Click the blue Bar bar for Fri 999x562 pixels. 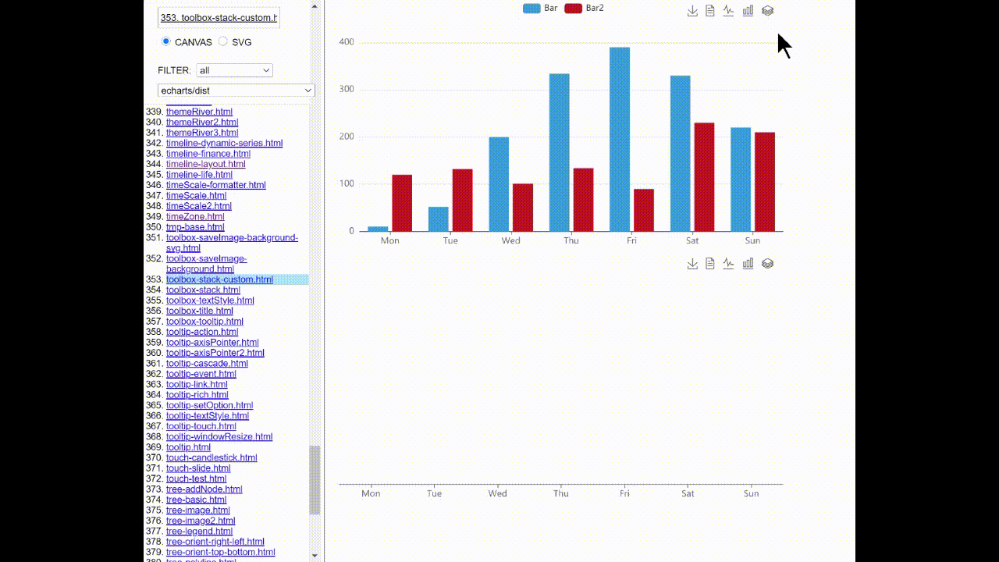(x=620, y=140)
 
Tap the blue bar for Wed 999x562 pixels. (x=499, y=184)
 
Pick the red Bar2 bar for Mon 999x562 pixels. (x=402, y=203)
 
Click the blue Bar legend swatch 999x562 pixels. (x=531, y=8)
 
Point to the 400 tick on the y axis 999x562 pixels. (x=347, y=42)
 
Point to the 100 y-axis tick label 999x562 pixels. (x=347, y=184)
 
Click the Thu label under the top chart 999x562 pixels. (x=571, y=240)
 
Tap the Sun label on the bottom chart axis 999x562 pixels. (x=751, y=493)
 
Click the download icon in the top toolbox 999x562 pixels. (x=692, y=11)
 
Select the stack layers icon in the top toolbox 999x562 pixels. (x=767, y=11)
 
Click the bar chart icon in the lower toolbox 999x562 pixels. (x=748, y=264)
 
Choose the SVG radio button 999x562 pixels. (x=223, y=42)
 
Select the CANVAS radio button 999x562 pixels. (x=165, y=42)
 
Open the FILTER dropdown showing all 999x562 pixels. (x=234, y=70)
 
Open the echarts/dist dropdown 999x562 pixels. (x=236, y=91)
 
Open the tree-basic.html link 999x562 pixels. (x=196, y=500)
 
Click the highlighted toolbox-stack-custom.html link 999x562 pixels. (x=219, y=279)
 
